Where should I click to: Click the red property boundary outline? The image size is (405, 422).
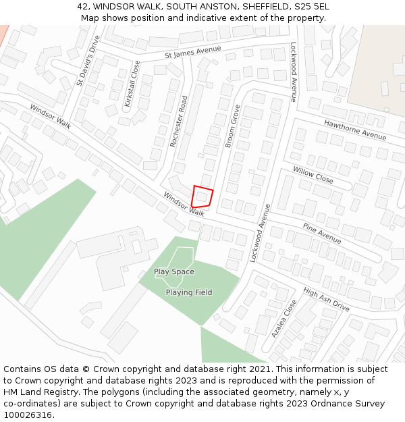202,196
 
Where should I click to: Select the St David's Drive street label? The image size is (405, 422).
88,61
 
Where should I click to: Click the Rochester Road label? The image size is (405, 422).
179,121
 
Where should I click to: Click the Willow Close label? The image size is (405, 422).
313,176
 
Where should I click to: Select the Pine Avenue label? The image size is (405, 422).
322,233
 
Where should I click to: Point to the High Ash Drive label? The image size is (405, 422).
326,299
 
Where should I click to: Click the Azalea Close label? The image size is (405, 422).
284,319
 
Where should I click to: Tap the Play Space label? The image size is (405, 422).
173,271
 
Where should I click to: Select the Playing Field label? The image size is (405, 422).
189,292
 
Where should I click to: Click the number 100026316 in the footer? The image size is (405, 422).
28,415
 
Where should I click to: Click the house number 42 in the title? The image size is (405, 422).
82,7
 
